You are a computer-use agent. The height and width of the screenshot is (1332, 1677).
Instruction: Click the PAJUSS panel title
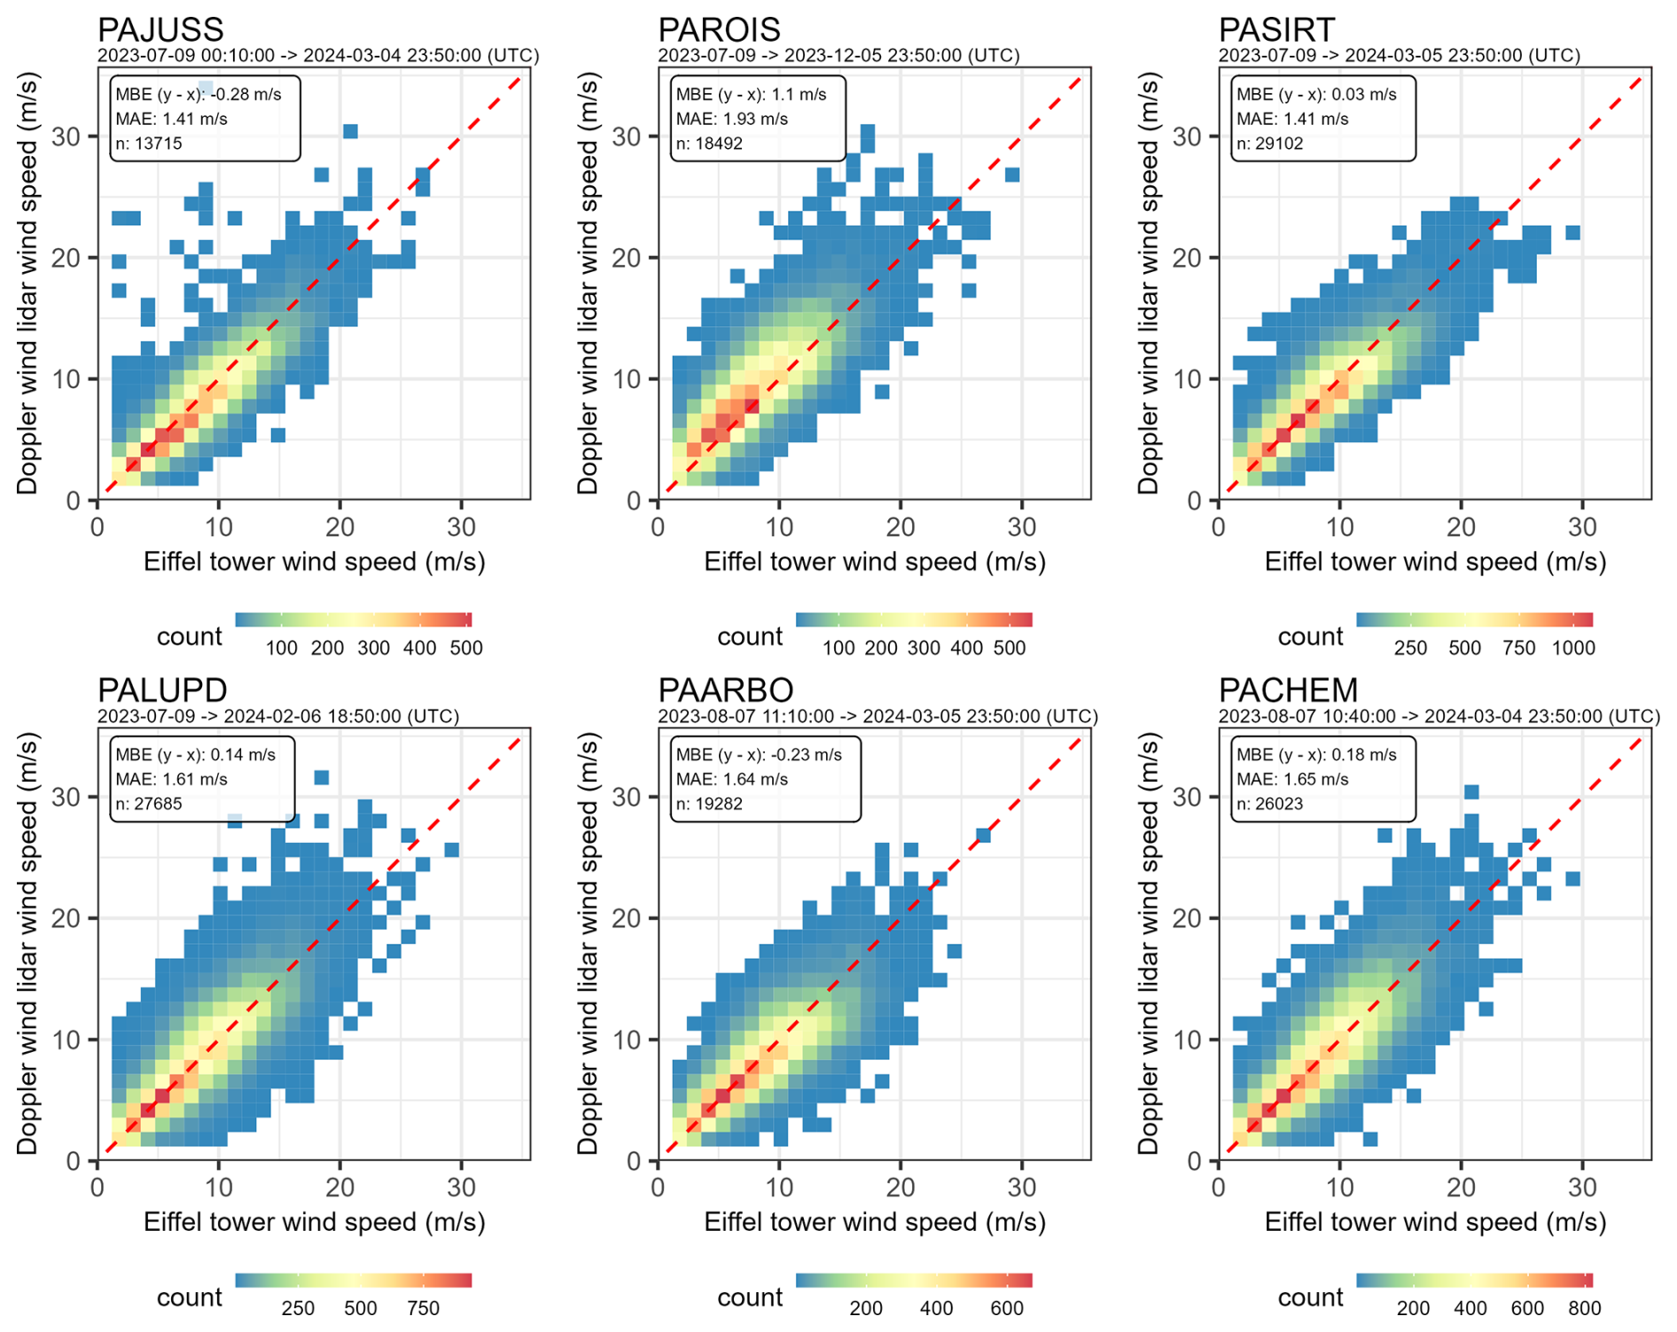pos(160,29)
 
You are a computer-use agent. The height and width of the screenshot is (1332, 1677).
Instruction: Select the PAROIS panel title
pos(719,29)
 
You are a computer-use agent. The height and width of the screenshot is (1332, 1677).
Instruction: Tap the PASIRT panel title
pos(1276,29)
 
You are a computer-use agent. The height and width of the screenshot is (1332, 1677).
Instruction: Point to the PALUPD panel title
pos(162,689)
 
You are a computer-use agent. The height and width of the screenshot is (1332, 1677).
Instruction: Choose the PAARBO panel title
pos(726,689)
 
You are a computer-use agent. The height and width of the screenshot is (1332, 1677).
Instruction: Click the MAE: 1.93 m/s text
pos(732,119)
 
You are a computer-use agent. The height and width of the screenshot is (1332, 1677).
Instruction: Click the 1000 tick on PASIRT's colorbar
pos(1573,648)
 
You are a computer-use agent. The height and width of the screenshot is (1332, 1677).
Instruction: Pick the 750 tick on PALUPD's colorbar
pos(424,1308)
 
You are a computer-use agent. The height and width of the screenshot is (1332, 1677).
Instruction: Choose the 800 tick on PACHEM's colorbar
pos(1585,1308)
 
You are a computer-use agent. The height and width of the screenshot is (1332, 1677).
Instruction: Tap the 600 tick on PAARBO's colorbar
pos(1007,1308)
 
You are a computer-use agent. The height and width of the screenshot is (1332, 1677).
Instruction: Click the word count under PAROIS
pos(750,636)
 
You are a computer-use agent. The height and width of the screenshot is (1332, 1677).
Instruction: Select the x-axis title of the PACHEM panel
pos(1435,1222)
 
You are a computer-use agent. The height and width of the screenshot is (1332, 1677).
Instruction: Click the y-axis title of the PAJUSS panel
pos(27,284)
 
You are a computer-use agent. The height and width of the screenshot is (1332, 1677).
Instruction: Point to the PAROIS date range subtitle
pos(838,56)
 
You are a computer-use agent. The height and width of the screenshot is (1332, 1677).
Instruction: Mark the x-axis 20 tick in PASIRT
pos(1461,528)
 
